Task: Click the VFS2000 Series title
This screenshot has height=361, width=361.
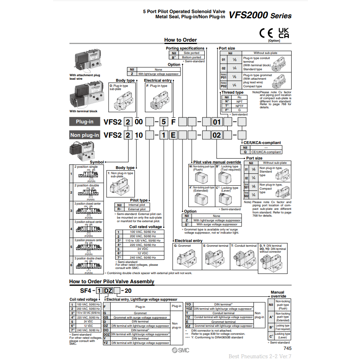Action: (x=260, y=16)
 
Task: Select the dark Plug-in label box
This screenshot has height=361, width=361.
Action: (x=84, y=121)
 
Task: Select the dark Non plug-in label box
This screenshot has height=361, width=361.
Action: (x=84, y=135)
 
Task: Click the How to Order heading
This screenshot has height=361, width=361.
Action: (x=180, y=40)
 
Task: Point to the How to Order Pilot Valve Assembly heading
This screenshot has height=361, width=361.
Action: (x=112, y=282)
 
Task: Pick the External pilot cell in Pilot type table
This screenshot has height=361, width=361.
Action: (x=136, y=209)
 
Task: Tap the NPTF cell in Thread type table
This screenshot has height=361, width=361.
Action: (x=239, y=106)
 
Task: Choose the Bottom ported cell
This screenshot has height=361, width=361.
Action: (x=192, y=57)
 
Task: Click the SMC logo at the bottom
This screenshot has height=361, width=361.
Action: (x=180, y=350)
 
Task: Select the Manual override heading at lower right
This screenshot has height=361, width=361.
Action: (x=278, y=294)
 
